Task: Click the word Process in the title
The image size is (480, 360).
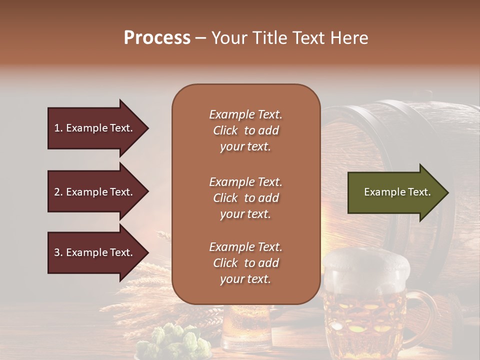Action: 157,38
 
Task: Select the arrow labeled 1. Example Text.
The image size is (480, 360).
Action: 93,128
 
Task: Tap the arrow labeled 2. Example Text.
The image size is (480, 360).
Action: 93,192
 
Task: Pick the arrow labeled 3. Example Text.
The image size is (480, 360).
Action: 93,252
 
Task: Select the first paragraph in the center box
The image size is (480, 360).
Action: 245,130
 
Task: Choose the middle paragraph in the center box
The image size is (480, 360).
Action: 245,198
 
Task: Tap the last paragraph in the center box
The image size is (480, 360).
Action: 245,263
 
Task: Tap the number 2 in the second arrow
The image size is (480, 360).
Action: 56,192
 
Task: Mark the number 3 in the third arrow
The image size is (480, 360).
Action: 56,252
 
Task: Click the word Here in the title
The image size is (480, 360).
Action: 349,38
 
